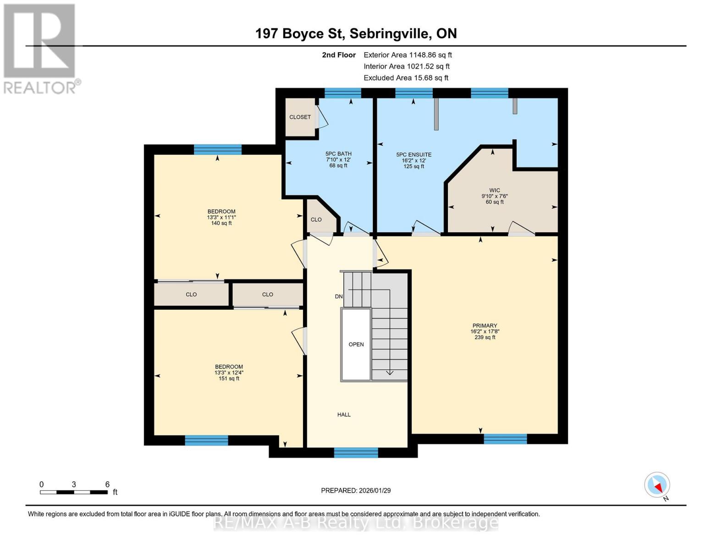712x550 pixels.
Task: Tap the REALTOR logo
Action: [x=40, y=48]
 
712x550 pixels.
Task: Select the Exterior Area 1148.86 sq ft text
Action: [x=408, y=55]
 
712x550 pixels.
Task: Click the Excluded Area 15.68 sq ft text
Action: [x=406, y=78]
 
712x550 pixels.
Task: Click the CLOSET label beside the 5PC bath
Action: [x=300, y=117]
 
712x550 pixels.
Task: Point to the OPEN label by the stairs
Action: [x=356, y=345]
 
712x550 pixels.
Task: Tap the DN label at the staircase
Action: [x=339, y=297]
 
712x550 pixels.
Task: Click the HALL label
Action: [x=344, y=415]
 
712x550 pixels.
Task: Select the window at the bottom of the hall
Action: [x=356, y=453]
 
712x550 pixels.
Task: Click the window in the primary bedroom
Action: [x=505, y=439]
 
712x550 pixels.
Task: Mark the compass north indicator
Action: [x=657, y=485]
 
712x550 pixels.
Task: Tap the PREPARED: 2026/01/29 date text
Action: [x=356, y=491]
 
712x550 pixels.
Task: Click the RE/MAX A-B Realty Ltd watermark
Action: [x=356, y=522]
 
